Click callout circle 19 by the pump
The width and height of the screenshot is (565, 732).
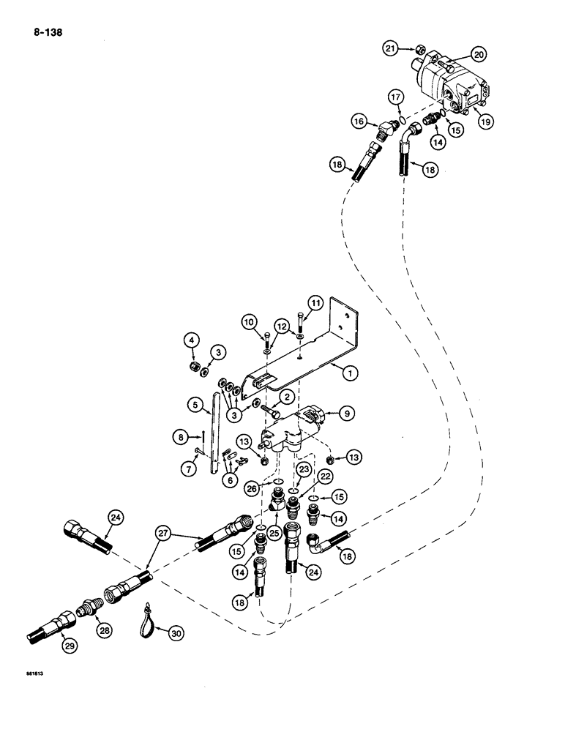(484, 123)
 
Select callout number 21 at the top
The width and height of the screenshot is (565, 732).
(390, 48)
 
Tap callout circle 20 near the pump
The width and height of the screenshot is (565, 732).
(478, 55)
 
